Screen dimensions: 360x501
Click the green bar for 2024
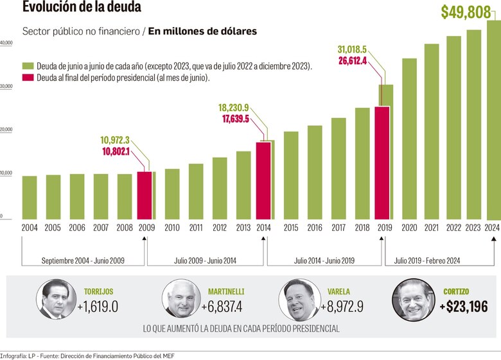(493, 122)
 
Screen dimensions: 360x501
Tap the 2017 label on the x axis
(338, 228)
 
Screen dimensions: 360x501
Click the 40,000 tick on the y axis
(6, 43)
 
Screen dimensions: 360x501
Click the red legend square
(28, 78)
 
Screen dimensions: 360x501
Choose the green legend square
(28, 66)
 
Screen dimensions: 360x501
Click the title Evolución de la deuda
(82, 8)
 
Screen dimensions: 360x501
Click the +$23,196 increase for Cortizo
(463, 307)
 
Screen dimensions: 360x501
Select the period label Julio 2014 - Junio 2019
(324, 261)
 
